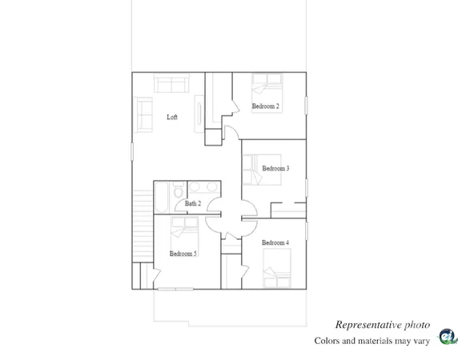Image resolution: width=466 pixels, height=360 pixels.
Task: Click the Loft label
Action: [x=172, y=118]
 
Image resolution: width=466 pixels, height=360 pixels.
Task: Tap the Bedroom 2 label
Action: [x=265, y=106]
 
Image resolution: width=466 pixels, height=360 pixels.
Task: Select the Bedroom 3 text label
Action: [x=275, y=168]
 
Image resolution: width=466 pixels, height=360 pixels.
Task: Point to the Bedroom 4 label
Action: [x=275, y=242]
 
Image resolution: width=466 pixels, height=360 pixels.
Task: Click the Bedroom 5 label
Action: [x=183, y=254]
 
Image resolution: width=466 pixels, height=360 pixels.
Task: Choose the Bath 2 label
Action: [x=192, y=204]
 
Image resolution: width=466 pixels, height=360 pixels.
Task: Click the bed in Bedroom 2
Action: [x=267, y=85]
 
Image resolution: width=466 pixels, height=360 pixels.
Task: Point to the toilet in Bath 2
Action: [x=178, y=191]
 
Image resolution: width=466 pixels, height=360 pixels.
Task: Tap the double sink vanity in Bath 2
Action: [x=199, y=189]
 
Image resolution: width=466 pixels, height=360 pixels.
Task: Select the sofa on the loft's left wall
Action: [x=145, y=114]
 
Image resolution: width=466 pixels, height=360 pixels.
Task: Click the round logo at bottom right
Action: [x=448, y=336]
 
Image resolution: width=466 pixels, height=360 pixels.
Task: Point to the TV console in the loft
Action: [x=200, y=111]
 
